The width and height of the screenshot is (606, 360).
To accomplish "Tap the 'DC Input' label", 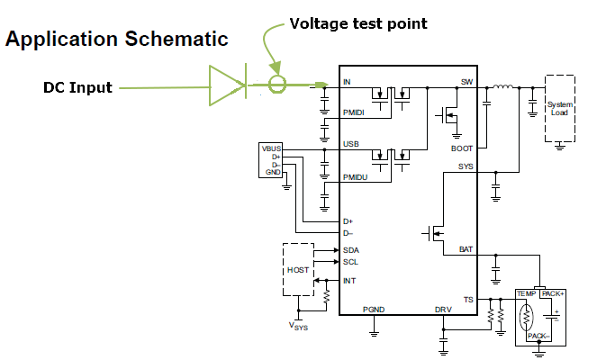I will click(x=77, y=87).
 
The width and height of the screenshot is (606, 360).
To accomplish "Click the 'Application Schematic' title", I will click(x=117, y=39).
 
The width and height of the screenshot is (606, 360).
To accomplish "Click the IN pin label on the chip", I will click(x=347, y=82).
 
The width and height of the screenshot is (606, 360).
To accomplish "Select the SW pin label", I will click(x=466, y=82).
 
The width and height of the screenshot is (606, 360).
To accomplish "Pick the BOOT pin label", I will click(x=462, y=148).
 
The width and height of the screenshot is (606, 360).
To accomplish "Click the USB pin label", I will click(x=350, y=144).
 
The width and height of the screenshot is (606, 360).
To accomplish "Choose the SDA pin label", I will click(x=350, y=249).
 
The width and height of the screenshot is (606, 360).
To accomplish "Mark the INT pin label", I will click(x=349, y=281).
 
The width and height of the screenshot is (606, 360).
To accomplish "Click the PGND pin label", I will click(x=374, y=309).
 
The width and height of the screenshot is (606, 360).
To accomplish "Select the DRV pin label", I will click(x=443, y=309).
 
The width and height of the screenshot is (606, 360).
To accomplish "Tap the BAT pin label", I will click(x=466, y=248).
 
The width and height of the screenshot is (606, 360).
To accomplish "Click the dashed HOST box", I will click(x=297, y=270).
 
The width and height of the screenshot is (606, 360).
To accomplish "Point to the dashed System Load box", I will click(x=560, y=108).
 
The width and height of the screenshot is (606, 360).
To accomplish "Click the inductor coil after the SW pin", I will click(x=502, y=87).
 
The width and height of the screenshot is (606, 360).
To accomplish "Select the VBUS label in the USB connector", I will click(x=271, y=148).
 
